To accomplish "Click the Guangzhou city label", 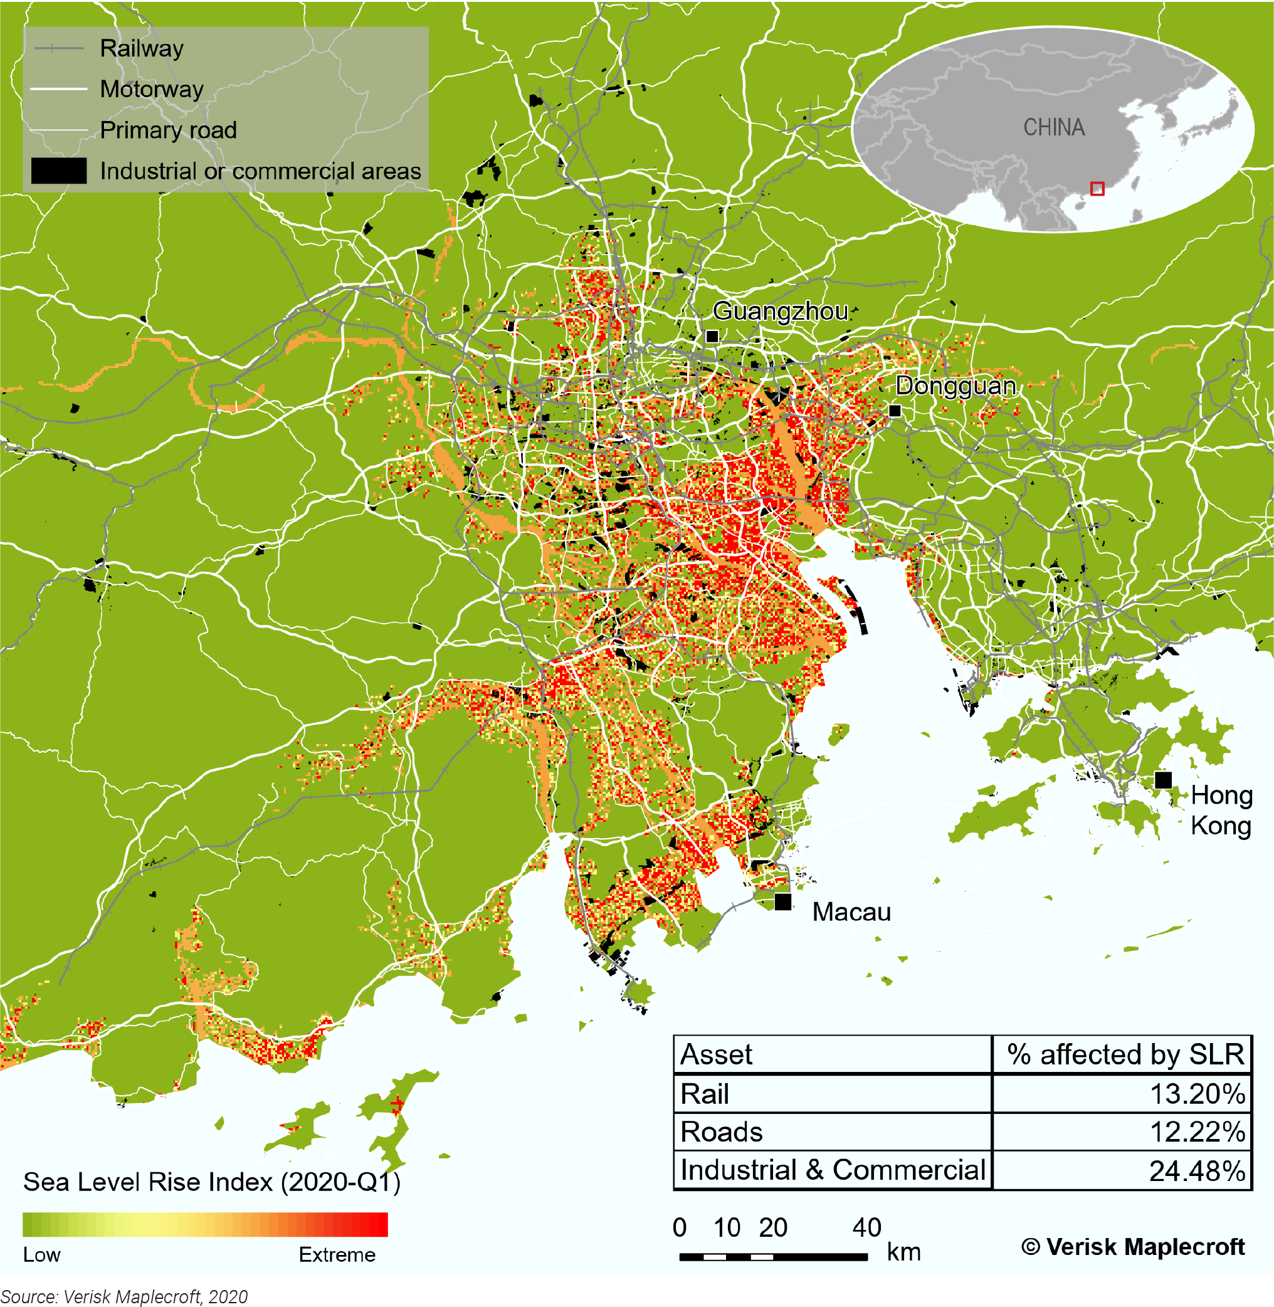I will (779, 312).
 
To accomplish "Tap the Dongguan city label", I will (955, 386).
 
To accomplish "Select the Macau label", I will (851, 911).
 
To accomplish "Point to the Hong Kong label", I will (1221, 810).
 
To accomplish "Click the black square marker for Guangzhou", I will (713, 337).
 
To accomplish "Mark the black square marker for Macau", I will (783, 901).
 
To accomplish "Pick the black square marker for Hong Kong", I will (1163, 780).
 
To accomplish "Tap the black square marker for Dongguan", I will (895, 411).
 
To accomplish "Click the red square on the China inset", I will (1097, 189).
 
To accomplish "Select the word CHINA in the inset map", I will (1054, 127).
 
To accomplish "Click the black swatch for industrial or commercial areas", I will (59, 171).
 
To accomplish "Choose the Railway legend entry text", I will (142, 48).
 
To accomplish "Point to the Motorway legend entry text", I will (152, 89).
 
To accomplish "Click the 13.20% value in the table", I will (1196, 1094).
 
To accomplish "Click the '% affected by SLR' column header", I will (1125, 1055).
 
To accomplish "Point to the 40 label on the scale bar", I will (866, 1228).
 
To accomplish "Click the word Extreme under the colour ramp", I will (337, 1255).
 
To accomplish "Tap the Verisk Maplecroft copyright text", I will (1133, 1247).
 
